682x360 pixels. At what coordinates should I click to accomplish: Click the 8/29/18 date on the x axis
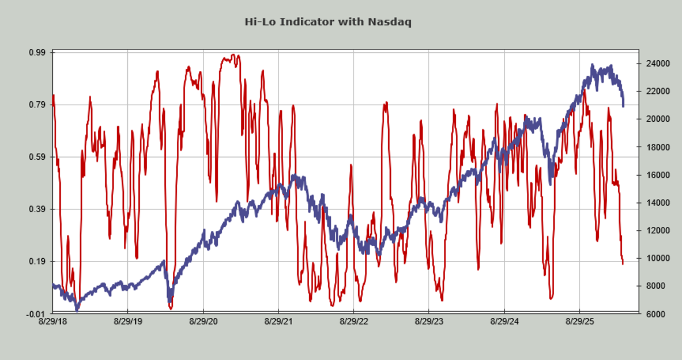coord(53,322)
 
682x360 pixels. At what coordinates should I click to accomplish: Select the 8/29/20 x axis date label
coord(203,322)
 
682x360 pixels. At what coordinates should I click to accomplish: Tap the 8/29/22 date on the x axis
coord(354,322)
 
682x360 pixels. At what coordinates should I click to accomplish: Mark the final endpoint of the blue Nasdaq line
coord(623,106)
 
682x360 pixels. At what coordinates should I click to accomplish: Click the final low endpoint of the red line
coord(623,264)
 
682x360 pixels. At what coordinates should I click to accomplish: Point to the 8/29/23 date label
coord(429,322)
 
